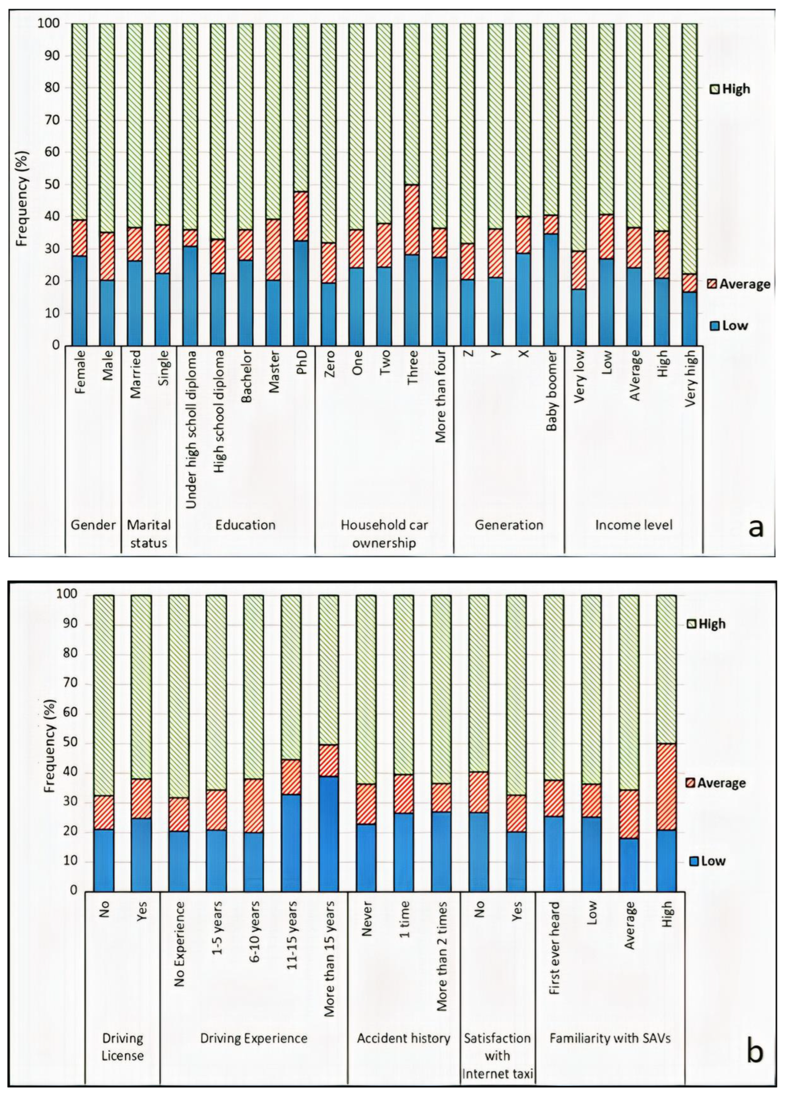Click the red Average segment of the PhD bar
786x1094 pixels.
coord(301,216)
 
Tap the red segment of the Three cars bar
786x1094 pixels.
coord(411,220)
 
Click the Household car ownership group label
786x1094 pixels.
coord(384,534)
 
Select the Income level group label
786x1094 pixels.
coord(633,525)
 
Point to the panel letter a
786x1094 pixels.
coord(755,528)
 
